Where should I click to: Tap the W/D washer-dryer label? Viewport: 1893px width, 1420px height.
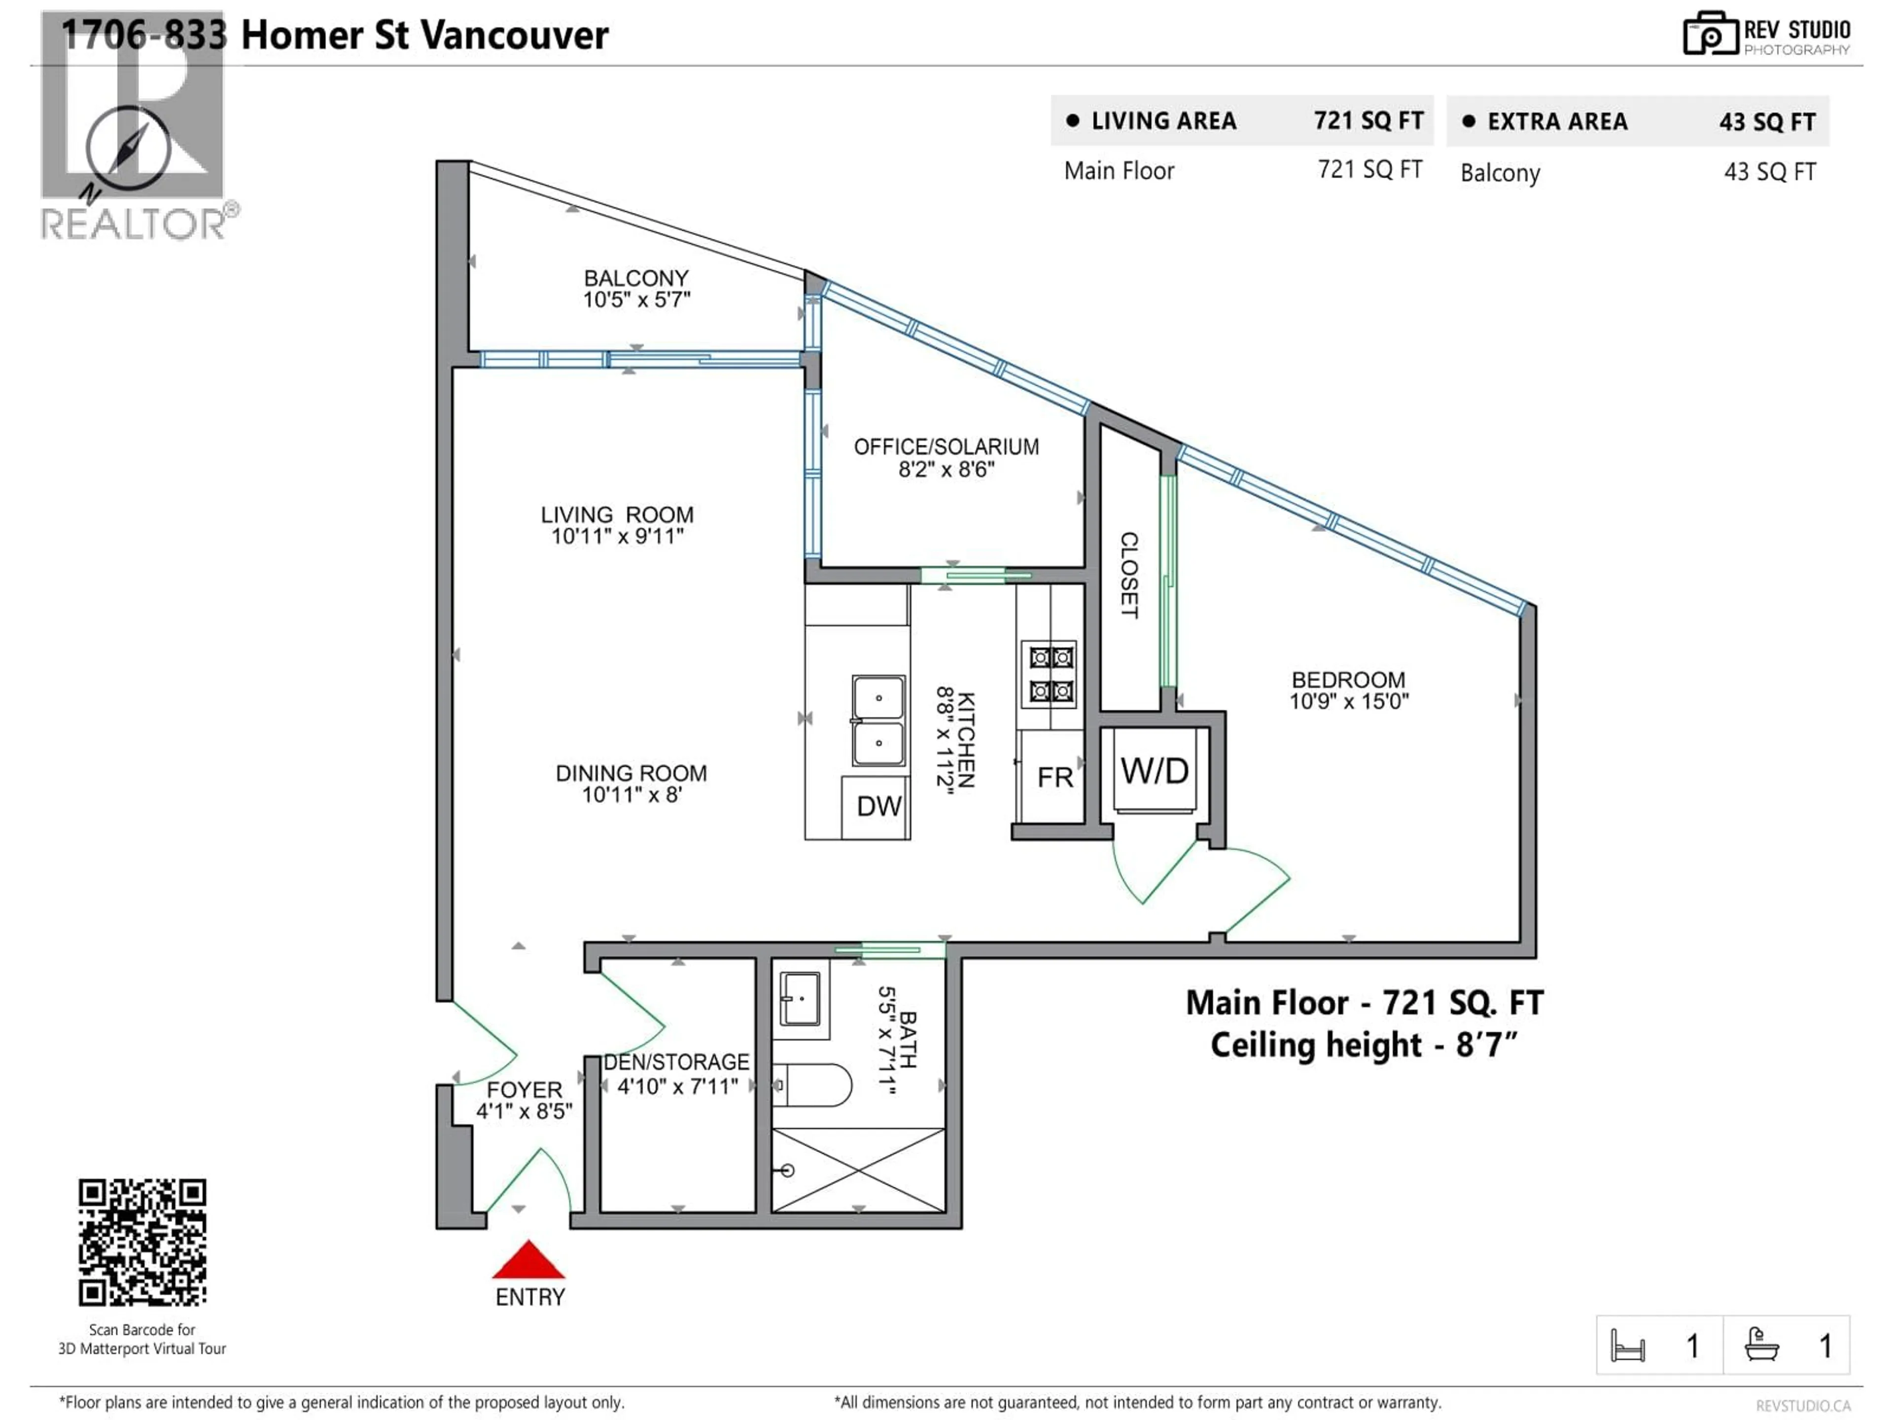click(1155, 771)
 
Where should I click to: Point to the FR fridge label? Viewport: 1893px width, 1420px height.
click(1054, 777)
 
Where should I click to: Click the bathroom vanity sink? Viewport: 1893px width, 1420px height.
click(800, 998)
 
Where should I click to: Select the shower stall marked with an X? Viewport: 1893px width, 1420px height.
click(858, 1169)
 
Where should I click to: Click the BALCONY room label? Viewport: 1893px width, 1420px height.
click(636, 278)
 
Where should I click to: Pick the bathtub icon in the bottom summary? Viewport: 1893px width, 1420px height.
click(1762, 1345)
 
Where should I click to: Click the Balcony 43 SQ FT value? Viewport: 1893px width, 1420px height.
click(1769, 172)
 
